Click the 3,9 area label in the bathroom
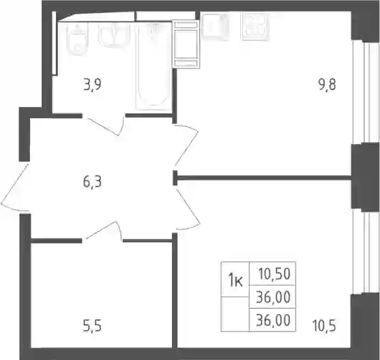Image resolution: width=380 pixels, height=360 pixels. (x=92, y=85)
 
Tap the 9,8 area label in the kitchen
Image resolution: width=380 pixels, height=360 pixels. (x=327, y=85)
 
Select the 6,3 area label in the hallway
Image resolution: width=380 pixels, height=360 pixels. (x=92, y=182)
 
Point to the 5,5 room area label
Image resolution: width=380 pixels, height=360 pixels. (x=92, y=326)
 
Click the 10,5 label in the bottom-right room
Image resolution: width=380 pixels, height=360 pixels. (x=324, y=326)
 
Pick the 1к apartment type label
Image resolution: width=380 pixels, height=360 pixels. (x=235, y=281)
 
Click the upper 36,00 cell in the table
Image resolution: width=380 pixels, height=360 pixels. (x=273, y=297)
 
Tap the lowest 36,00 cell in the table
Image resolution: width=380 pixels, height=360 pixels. (x=273, y=320)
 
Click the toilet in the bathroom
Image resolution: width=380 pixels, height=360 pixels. (x=78, y=40)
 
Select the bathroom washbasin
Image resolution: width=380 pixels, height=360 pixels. (x=113, y=35)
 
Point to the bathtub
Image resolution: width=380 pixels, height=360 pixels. (x=153, y=67)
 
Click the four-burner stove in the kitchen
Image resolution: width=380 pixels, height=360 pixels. (x=255, y=27)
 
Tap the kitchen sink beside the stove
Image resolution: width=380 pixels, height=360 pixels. (x=215, y=26)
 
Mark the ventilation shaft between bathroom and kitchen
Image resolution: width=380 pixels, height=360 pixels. (x=186, y=44)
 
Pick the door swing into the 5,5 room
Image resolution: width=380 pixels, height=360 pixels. (x=103, y=232)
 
